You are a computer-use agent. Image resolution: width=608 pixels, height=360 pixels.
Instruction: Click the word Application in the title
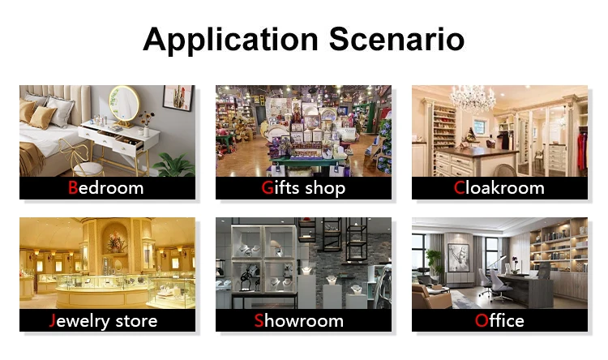(x=231, y=40)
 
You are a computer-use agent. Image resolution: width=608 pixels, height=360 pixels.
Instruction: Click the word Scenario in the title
(x=396, y=39)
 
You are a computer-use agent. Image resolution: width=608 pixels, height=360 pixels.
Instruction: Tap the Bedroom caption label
(x=106, y=188)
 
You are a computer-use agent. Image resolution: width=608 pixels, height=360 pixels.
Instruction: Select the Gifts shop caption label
(x=303, y=188)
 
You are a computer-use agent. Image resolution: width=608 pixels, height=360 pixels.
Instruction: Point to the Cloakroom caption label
(x=499, y=188)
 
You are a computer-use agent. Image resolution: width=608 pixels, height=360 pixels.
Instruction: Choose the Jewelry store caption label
(x=104, y=321)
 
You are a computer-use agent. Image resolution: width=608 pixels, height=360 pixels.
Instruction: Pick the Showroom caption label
(x=299, y=321)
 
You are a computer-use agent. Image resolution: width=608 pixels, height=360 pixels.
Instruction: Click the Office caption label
(x=499, y=321)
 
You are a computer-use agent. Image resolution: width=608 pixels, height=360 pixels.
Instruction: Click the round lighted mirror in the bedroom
(x=124, y=104)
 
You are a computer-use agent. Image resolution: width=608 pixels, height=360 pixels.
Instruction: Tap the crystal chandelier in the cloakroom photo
(x=473, y=98)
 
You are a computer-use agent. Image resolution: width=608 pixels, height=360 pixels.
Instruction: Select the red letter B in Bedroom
(x=72, y=188)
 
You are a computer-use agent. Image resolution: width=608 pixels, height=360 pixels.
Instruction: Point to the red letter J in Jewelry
(x=53, y=321)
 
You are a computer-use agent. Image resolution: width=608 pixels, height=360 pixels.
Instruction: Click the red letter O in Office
(x=482, y=321)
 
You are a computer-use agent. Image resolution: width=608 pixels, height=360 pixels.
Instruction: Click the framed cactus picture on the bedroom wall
(x=178, y=98)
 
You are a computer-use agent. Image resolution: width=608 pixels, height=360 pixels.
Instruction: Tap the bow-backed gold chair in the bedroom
(x=81, y=158)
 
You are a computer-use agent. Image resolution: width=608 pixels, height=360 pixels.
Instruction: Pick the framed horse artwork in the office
(x=458, y=258)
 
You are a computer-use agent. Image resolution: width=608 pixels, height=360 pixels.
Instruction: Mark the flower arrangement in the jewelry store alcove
(x=117, y=242)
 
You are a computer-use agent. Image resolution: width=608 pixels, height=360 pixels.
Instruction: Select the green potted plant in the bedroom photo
(x=174, y=165)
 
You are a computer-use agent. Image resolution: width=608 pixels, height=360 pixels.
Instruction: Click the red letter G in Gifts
(x=268, y=188)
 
